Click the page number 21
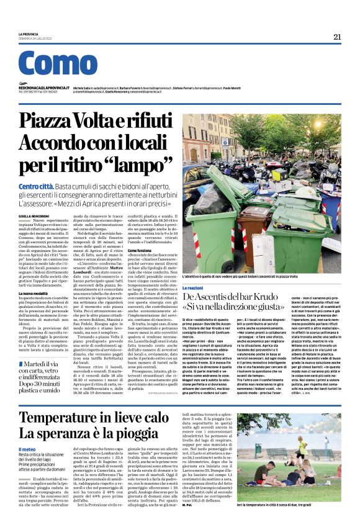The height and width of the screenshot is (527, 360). (x=337, y=37)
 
